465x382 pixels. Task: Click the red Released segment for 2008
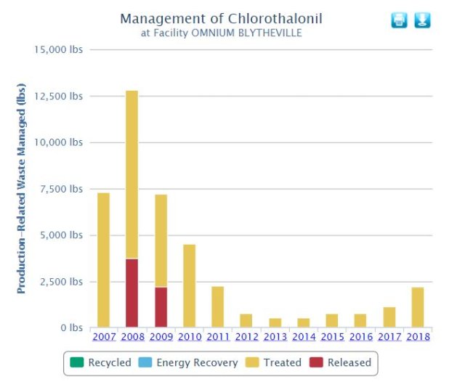pyautogui.click(x=132, y=293)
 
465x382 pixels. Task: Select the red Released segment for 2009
pyautogui.click(x=161, y=307)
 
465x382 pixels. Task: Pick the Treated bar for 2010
pyautogui.click(x=189, y=285)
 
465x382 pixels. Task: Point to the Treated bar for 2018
pyautogui.click(x=417, y=307)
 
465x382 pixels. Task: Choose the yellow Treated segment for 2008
pyautogui.click(x=132, y=174)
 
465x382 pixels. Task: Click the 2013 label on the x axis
pyautogui.click(x=275, y=336)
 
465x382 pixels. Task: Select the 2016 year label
pyautogui.click(x=360, y=336)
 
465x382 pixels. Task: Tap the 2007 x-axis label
pyautogui.click(x=103, y=336)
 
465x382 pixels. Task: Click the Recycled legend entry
pyautogui.click(x=102, y=362)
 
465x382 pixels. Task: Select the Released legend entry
pyautogui.click(x=341, y=362)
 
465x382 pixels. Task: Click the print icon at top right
pyautogui.click(x=399, y=20)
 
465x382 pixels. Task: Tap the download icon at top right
pyautogui.click(x=422, y=20)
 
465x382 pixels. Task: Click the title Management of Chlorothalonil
pyautogui.click(x=221, y=18)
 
